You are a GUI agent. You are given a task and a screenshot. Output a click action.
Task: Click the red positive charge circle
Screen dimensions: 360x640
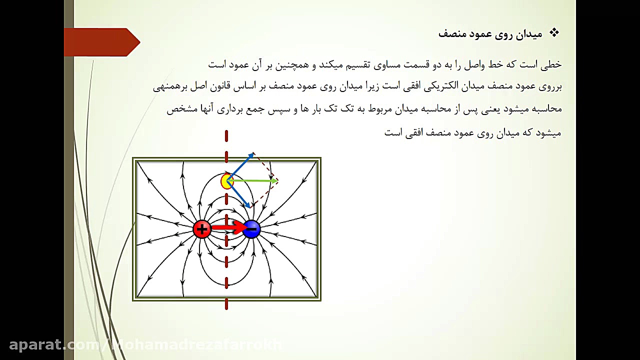(x=202, y=229)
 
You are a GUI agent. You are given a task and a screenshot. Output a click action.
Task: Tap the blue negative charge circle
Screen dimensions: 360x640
(x=251, y=229)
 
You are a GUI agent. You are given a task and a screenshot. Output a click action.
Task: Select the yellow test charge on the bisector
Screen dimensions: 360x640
(x=227, y=181)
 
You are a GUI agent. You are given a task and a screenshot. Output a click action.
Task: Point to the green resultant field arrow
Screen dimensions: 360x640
(x=255, y=181)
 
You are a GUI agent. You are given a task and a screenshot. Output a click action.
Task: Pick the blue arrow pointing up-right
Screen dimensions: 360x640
(x=242, y=164)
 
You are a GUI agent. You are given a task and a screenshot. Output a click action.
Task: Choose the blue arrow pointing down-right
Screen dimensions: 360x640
(x=240, y=196)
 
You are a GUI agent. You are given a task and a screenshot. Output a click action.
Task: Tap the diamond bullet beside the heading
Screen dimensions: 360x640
(x=554, y=33)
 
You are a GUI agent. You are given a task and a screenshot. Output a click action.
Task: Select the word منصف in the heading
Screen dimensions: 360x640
(x=451, y=34)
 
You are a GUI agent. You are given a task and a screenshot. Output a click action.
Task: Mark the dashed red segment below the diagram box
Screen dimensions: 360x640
(x=226, y=304)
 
